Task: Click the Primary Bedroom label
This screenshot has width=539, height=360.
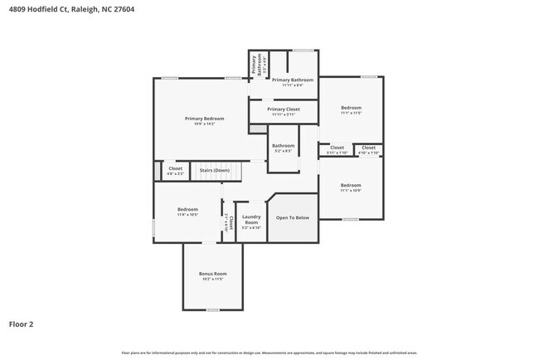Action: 204,119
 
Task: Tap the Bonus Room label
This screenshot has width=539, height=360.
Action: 212,273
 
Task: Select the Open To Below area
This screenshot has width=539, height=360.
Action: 292,218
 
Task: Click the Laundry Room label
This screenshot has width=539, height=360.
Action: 250,218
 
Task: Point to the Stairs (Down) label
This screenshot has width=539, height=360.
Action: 215,170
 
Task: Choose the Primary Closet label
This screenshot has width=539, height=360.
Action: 284,109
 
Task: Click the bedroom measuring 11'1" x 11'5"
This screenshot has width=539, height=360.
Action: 351,108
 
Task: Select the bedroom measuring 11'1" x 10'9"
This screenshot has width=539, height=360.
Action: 351,185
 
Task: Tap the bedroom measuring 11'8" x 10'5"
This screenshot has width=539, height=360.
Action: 187,210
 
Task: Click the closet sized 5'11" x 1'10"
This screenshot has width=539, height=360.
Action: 337,148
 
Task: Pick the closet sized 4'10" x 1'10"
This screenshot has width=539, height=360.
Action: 369,148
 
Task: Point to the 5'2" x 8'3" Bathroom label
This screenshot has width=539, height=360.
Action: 284,146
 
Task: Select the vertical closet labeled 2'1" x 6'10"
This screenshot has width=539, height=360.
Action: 229,220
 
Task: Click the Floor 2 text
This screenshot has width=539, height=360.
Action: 22,324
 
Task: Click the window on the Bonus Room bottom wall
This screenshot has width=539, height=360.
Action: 212,310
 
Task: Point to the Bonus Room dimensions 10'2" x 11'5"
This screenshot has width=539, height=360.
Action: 212,279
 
